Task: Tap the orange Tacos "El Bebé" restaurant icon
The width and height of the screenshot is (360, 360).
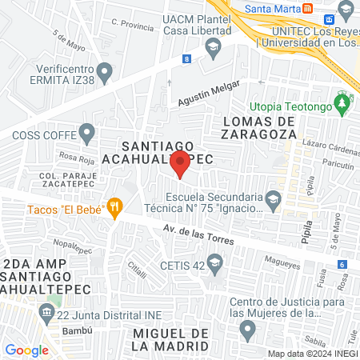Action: tap(114, 208)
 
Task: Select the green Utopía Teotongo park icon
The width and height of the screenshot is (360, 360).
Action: tap(343, 103)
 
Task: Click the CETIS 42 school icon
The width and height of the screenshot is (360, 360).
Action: tap(214, 262)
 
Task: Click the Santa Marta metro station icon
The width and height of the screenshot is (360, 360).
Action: tap(307, 9)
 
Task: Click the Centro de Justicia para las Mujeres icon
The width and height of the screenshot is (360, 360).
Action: tap(247, 329)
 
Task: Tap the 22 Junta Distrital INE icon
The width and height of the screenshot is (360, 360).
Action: tap(54, 302)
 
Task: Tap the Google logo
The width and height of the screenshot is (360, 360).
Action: tap(26, 350)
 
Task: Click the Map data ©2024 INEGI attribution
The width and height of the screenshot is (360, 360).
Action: tap(311, 354)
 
